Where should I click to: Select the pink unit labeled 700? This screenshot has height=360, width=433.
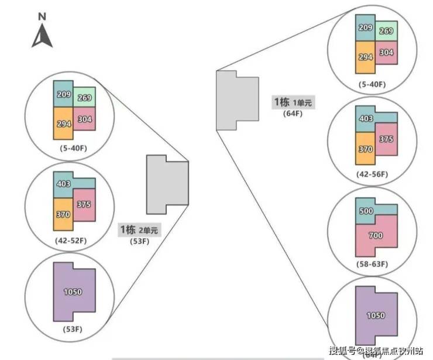[376, 235]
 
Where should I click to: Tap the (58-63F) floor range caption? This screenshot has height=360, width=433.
[372, 265]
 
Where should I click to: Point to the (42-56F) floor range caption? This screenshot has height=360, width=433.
[372, 174]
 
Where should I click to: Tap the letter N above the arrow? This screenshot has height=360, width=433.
[42, 17]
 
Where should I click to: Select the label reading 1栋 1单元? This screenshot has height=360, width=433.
[293, 102]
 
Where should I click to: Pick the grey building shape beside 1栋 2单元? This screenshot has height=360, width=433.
[166, 184]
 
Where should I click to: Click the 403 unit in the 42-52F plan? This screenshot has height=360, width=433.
[64, 184]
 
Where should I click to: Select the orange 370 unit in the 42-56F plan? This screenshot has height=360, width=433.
[365, 149]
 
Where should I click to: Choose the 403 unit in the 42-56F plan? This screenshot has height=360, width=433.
[366, 119]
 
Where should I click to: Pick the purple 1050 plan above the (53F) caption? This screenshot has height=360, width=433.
[74, 292]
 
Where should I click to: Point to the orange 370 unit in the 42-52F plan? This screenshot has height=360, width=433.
[63, 214]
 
